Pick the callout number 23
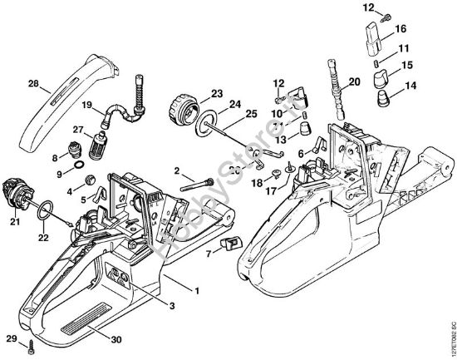(x=215, y=93)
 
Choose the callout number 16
(x=401, y=27)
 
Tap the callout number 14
(x=411, y=85)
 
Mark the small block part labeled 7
(x=228, y=244)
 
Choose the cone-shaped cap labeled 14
(x=384, y=98)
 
